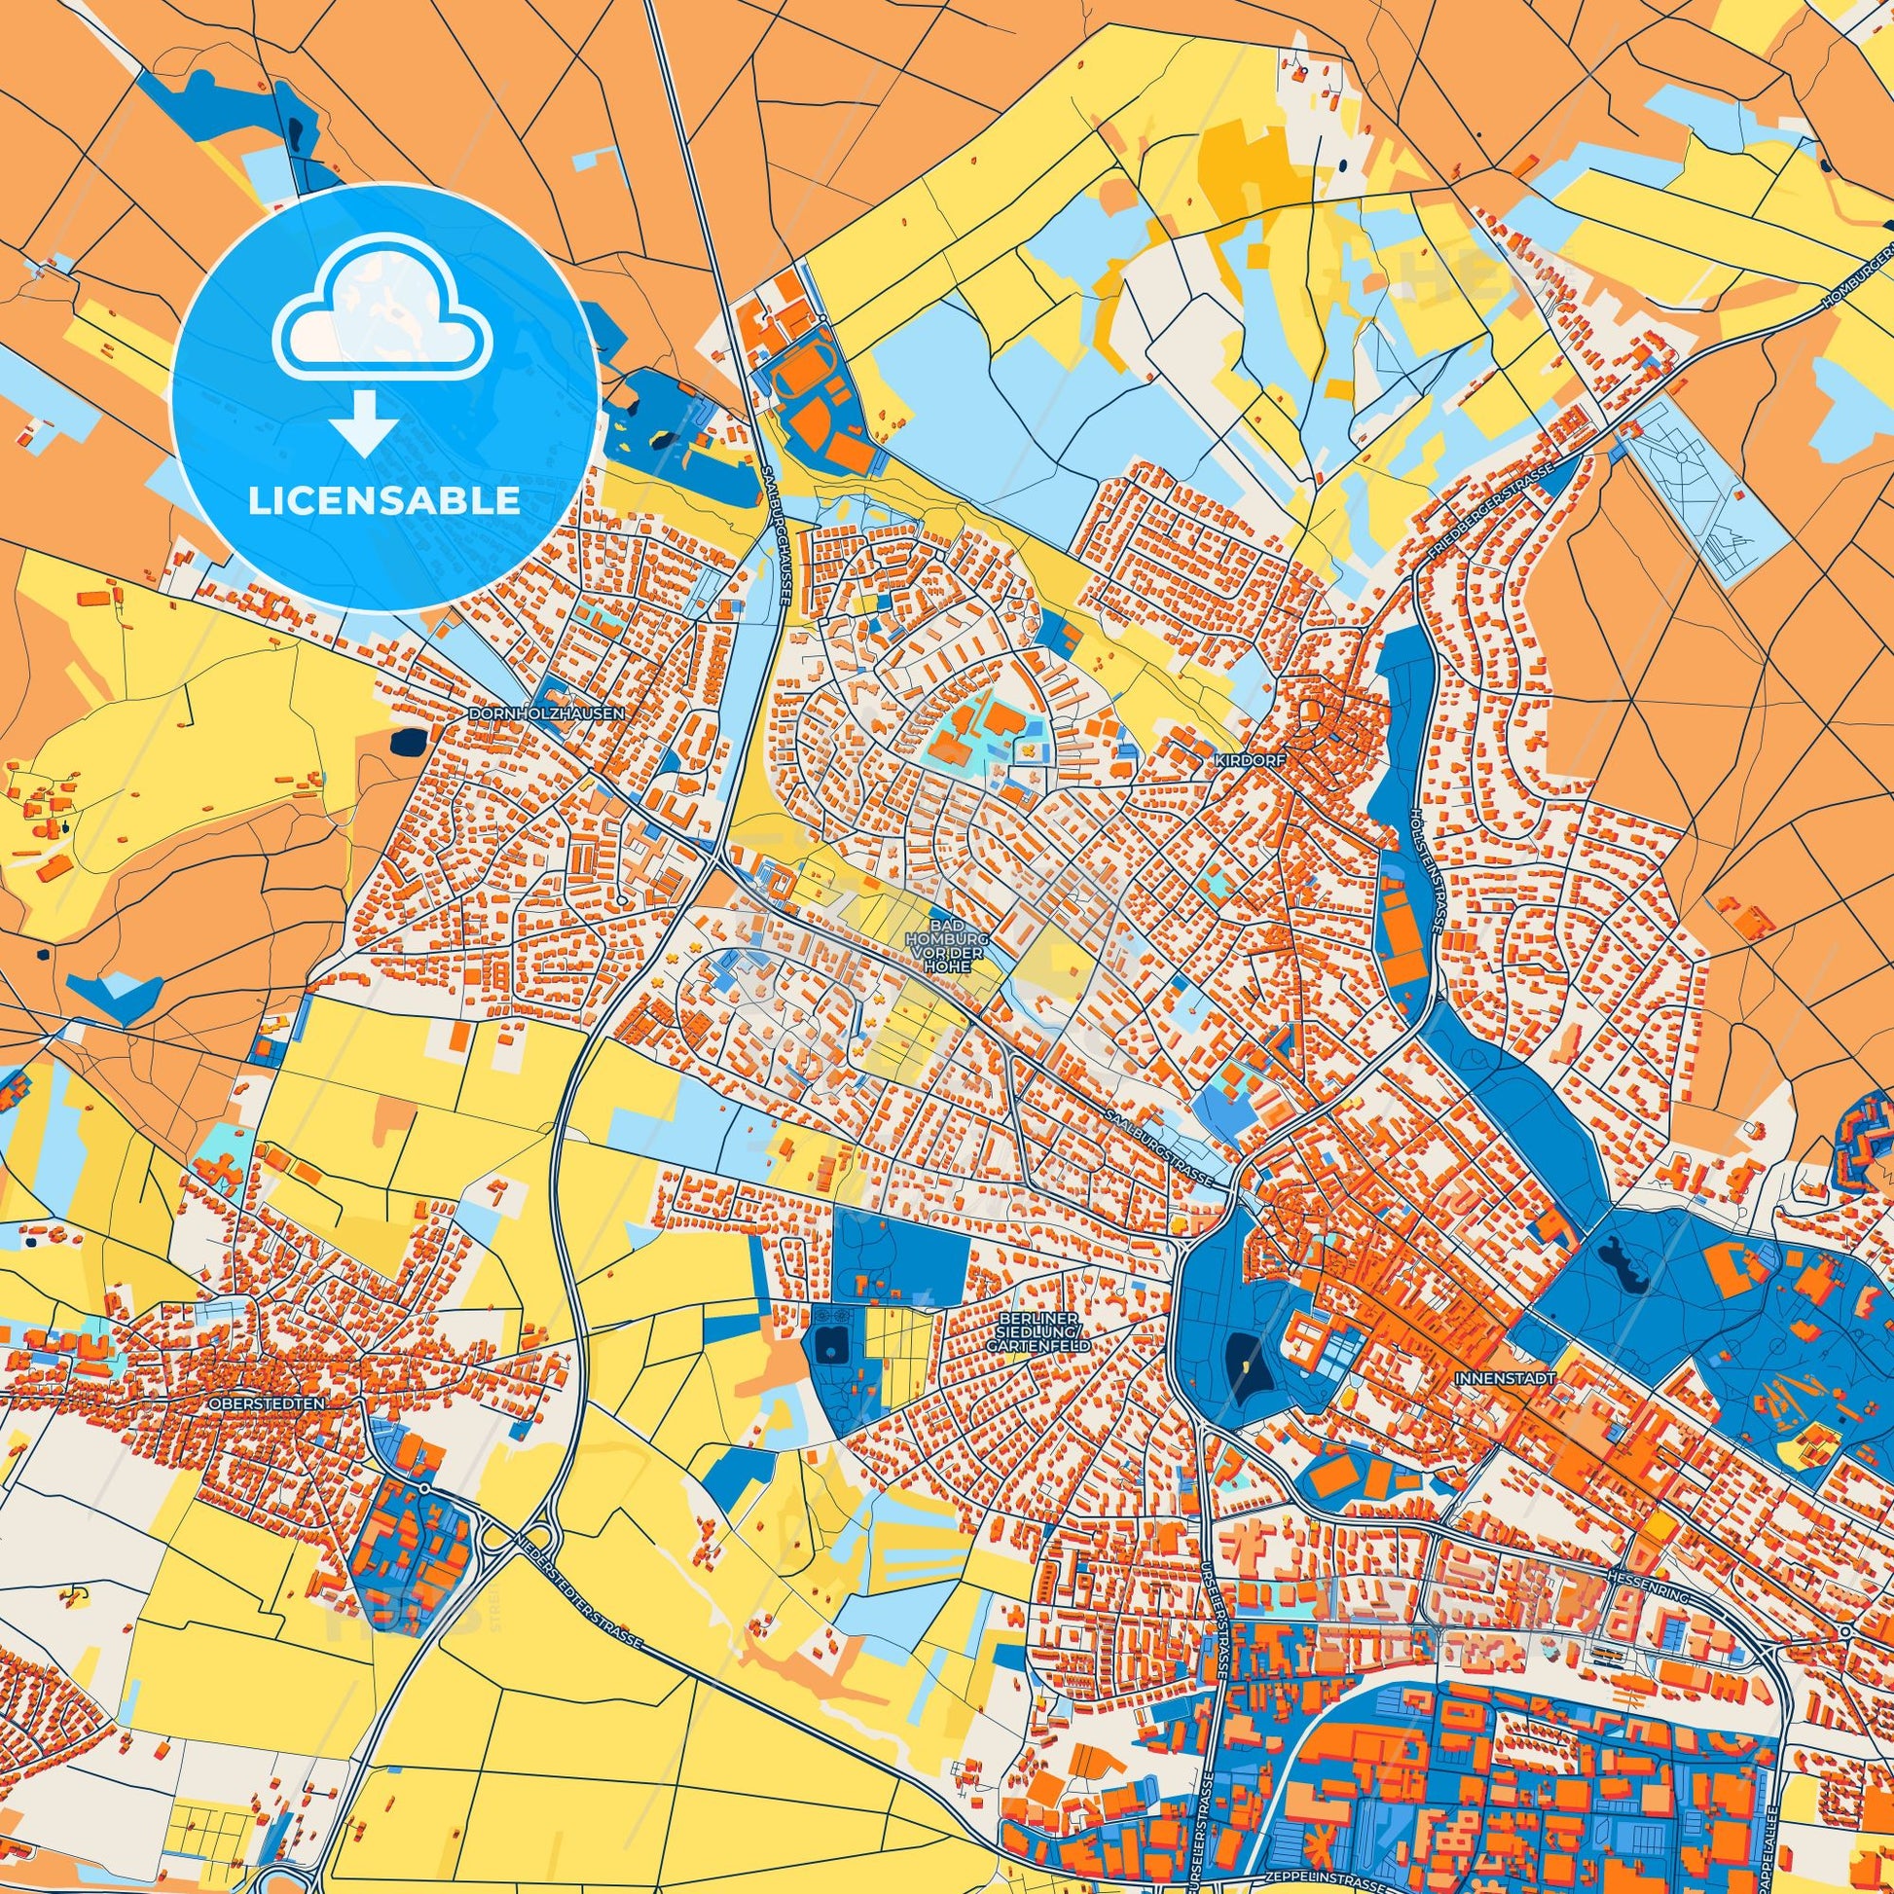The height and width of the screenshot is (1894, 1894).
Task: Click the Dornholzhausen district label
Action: tap(547, 713)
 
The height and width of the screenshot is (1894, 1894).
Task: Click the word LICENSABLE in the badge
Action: tap(384, 501)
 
